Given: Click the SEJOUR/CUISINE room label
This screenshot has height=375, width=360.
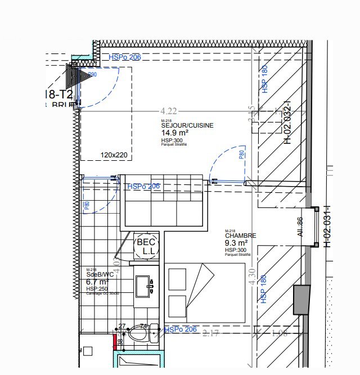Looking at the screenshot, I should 187,126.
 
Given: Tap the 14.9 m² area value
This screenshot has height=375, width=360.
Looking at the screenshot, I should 175,133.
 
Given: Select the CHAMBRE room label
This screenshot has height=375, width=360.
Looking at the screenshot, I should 240,236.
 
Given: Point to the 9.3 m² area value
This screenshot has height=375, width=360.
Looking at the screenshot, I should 237,243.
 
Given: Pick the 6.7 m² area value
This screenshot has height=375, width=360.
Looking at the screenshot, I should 97,282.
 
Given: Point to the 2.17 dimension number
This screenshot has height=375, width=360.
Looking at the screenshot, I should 210,333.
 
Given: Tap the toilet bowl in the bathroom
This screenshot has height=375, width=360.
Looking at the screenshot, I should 140,336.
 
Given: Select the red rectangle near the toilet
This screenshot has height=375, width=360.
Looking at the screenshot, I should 115,341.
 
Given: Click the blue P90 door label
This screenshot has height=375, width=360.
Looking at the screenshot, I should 92,74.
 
